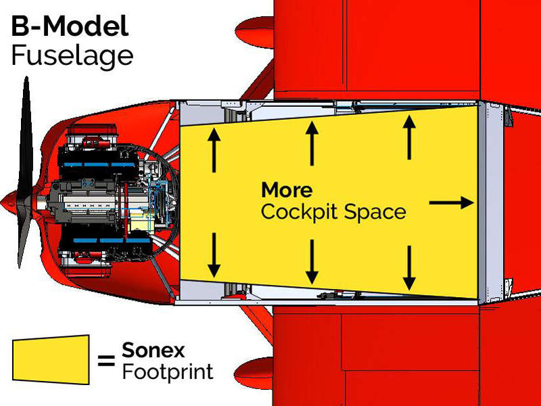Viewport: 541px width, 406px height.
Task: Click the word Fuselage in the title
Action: pos(72,55)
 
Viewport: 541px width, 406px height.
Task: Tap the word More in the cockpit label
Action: pos(287,189)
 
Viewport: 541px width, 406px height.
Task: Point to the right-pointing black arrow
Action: pos(452,202)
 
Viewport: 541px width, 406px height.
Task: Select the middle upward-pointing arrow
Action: pos(312,143)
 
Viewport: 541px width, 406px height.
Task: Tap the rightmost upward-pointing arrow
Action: pos(409,137)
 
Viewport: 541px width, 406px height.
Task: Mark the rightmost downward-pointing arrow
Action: pos(409,267)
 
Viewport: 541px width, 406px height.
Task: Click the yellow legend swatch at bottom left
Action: pos(51,359)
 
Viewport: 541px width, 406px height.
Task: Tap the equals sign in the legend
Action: pos(106,360)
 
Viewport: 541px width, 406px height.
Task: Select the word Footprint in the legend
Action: pos(168,371)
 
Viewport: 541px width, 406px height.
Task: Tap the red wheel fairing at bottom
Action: pos(254,370)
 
